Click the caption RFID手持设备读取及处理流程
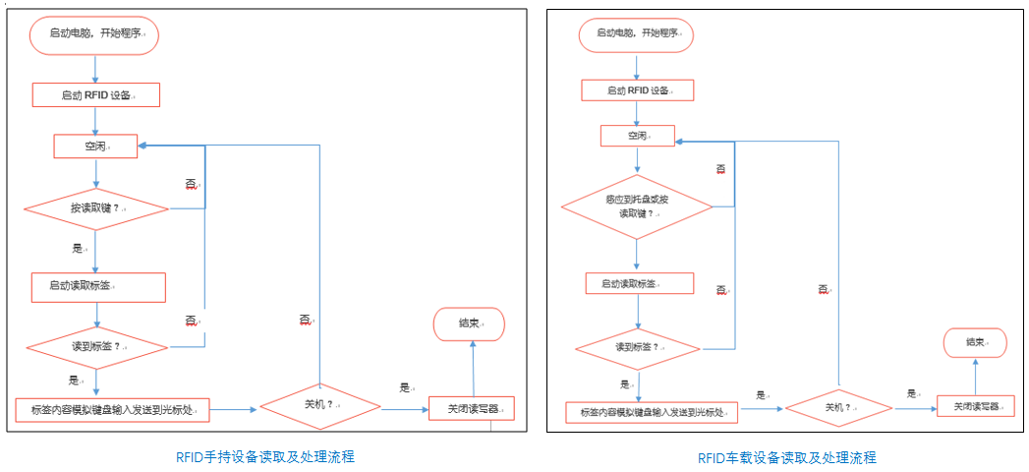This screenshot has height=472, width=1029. [265, 456]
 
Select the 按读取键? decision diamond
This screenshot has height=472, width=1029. [96, 208]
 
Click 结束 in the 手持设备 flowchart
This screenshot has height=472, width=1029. [469, 324]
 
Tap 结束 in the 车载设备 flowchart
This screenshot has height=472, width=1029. [975, 342]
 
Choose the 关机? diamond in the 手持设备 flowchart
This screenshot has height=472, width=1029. [318, 404]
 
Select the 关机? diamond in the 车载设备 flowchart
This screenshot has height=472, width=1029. [838, 407]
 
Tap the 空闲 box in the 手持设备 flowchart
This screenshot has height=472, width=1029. [95, 147]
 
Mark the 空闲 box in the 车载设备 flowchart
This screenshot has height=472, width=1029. [637, 135]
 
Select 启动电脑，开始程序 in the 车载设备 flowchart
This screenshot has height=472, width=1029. [636, 34]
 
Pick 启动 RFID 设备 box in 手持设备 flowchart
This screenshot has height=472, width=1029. [95, 95]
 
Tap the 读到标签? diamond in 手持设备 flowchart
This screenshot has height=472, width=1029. [96, 347]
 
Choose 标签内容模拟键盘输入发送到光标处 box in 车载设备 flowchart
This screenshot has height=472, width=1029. [652, 413]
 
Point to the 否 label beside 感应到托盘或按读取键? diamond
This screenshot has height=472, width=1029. [720, 170]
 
